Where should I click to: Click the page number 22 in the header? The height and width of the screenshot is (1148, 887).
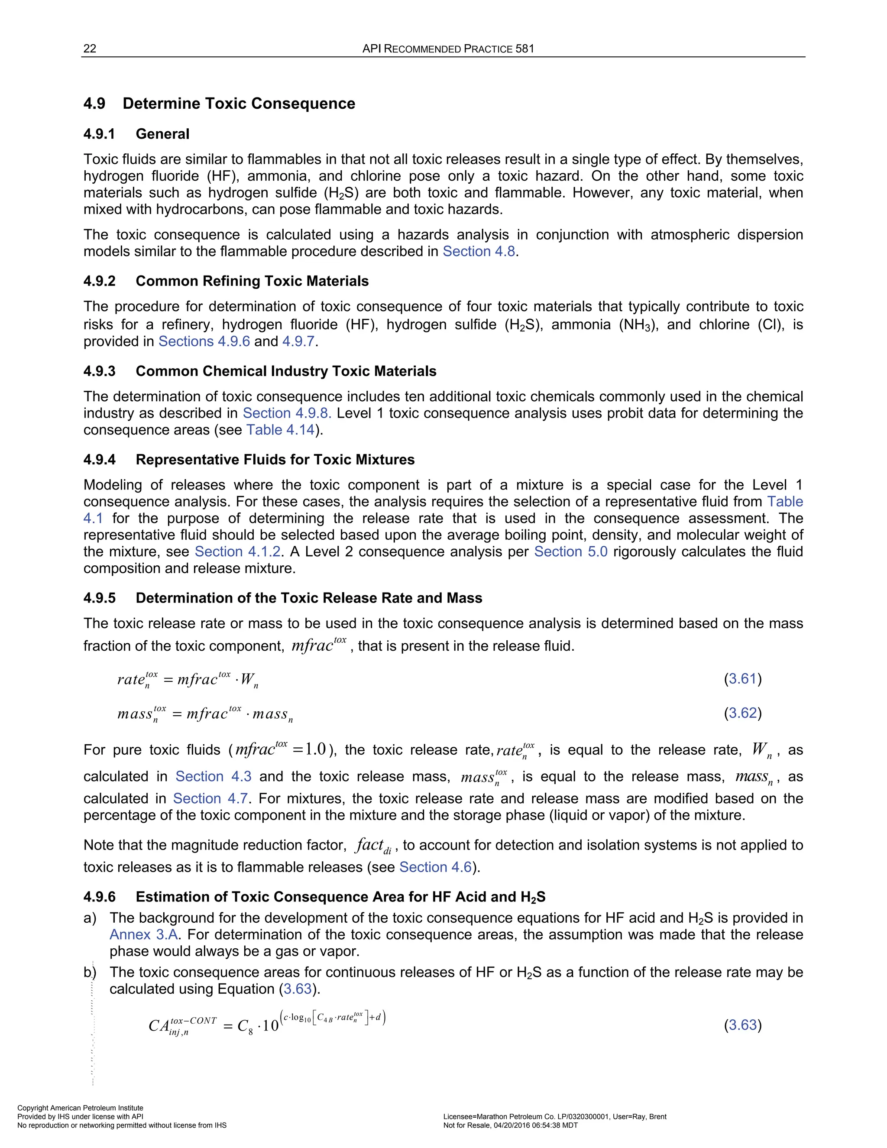tap(90, 49)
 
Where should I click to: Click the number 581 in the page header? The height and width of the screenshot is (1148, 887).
tap(524, 49)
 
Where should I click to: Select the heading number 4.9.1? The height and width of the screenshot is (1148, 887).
tap(99, 134)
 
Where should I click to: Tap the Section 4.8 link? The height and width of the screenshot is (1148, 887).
tap(479, 251)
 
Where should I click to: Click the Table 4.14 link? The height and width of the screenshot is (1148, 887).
tap(281, 430)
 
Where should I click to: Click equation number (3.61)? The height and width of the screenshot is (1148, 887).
tap(742, 678)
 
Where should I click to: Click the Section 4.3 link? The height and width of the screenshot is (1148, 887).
tap(214, 776)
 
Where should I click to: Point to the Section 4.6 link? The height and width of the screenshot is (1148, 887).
tap(436, 867)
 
